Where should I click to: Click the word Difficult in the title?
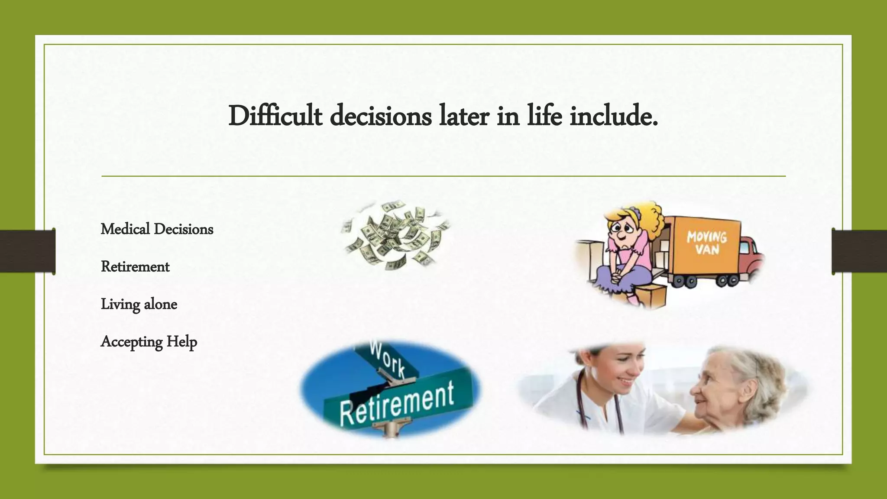[x=275, y=116]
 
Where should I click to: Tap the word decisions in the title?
[x=381, y=116]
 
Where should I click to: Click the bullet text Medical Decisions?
[x=157, y=229]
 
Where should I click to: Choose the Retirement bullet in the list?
[x=135, y=267]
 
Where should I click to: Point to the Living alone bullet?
[x=139, y=304]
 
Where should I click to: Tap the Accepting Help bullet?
[x=149, y=342]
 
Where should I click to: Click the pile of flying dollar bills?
[x=395, y=235]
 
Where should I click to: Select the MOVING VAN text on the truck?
[x=706, y=243]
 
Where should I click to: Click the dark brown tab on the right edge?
[x=859, y=251]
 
